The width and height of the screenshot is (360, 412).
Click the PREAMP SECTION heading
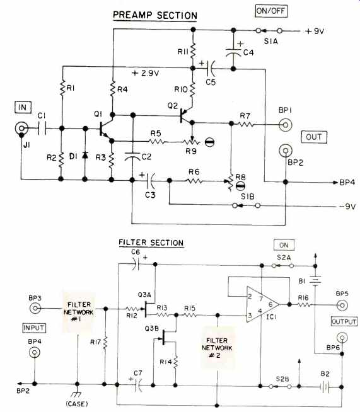(155, 15)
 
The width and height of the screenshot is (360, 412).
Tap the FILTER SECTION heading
(151, 243)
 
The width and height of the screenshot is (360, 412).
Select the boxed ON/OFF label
(271, 11)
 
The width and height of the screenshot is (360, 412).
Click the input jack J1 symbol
(21, 129)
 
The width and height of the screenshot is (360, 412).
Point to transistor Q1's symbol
(105, 129)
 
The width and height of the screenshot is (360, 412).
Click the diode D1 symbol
(84, 156)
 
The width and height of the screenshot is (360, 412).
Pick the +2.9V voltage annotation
(146, 73)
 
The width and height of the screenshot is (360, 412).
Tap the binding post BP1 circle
(286, 125)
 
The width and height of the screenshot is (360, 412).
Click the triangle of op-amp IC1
(262, 304)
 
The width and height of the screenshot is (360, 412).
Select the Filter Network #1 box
(79, 312)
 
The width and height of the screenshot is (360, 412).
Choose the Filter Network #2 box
(218, 348)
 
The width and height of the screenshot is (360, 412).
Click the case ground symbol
(77, 394)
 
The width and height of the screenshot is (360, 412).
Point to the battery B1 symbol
(315, 280)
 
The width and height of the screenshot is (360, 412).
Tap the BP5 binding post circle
(342, 305)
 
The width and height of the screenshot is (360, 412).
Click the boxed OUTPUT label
(344, 322)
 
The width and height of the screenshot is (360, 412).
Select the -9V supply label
(347, 207)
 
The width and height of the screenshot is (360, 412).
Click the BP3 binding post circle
(35, 308)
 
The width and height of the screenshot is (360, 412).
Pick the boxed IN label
(23, 107)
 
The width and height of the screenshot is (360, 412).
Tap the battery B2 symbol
(325, 387)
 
